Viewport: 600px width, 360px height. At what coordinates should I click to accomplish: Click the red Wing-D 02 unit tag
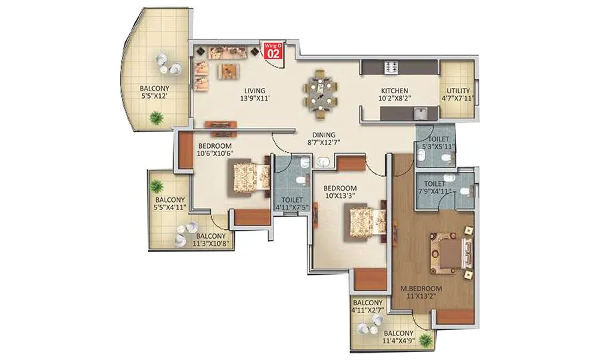coord(272,51)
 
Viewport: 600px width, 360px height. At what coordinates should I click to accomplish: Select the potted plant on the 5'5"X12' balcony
coord(157,118)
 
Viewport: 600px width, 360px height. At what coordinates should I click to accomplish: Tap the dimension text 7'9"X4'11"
coord(434,191)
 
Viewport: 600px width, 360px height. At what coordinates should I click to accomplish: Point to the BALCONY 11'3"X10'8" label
coord(211,240)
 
